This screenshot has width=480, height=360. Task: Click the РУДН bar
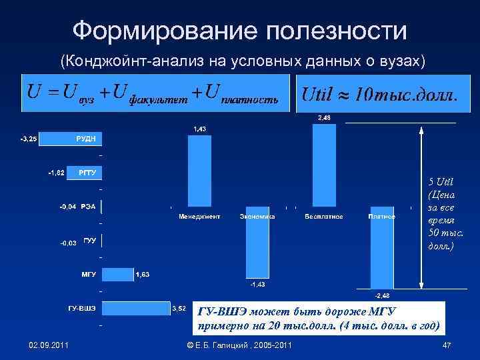pyautogui.click(x=71, y=139)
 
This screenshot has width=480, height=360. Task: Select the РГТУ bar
pyautogui.click(x=83, y=173)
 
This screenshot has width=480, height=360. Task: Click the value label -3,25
pyautogui.click(x=29, y=139)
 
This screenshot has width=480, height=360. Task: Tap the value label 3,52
pyautogui.click(x=179, y=309)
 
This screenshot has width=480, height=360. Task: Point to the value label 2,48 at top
pyautogui.click(x=323, y=118)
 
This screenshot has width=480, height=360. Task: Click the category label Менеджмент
pyautogui.click(x=199, y=217)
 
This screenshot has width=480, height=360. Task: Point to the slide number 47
pyautogui.click(x=447, y=344)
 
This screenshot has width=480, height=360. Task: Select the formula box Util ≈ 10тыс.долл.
pyautogui.click(x=379, y=93)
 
